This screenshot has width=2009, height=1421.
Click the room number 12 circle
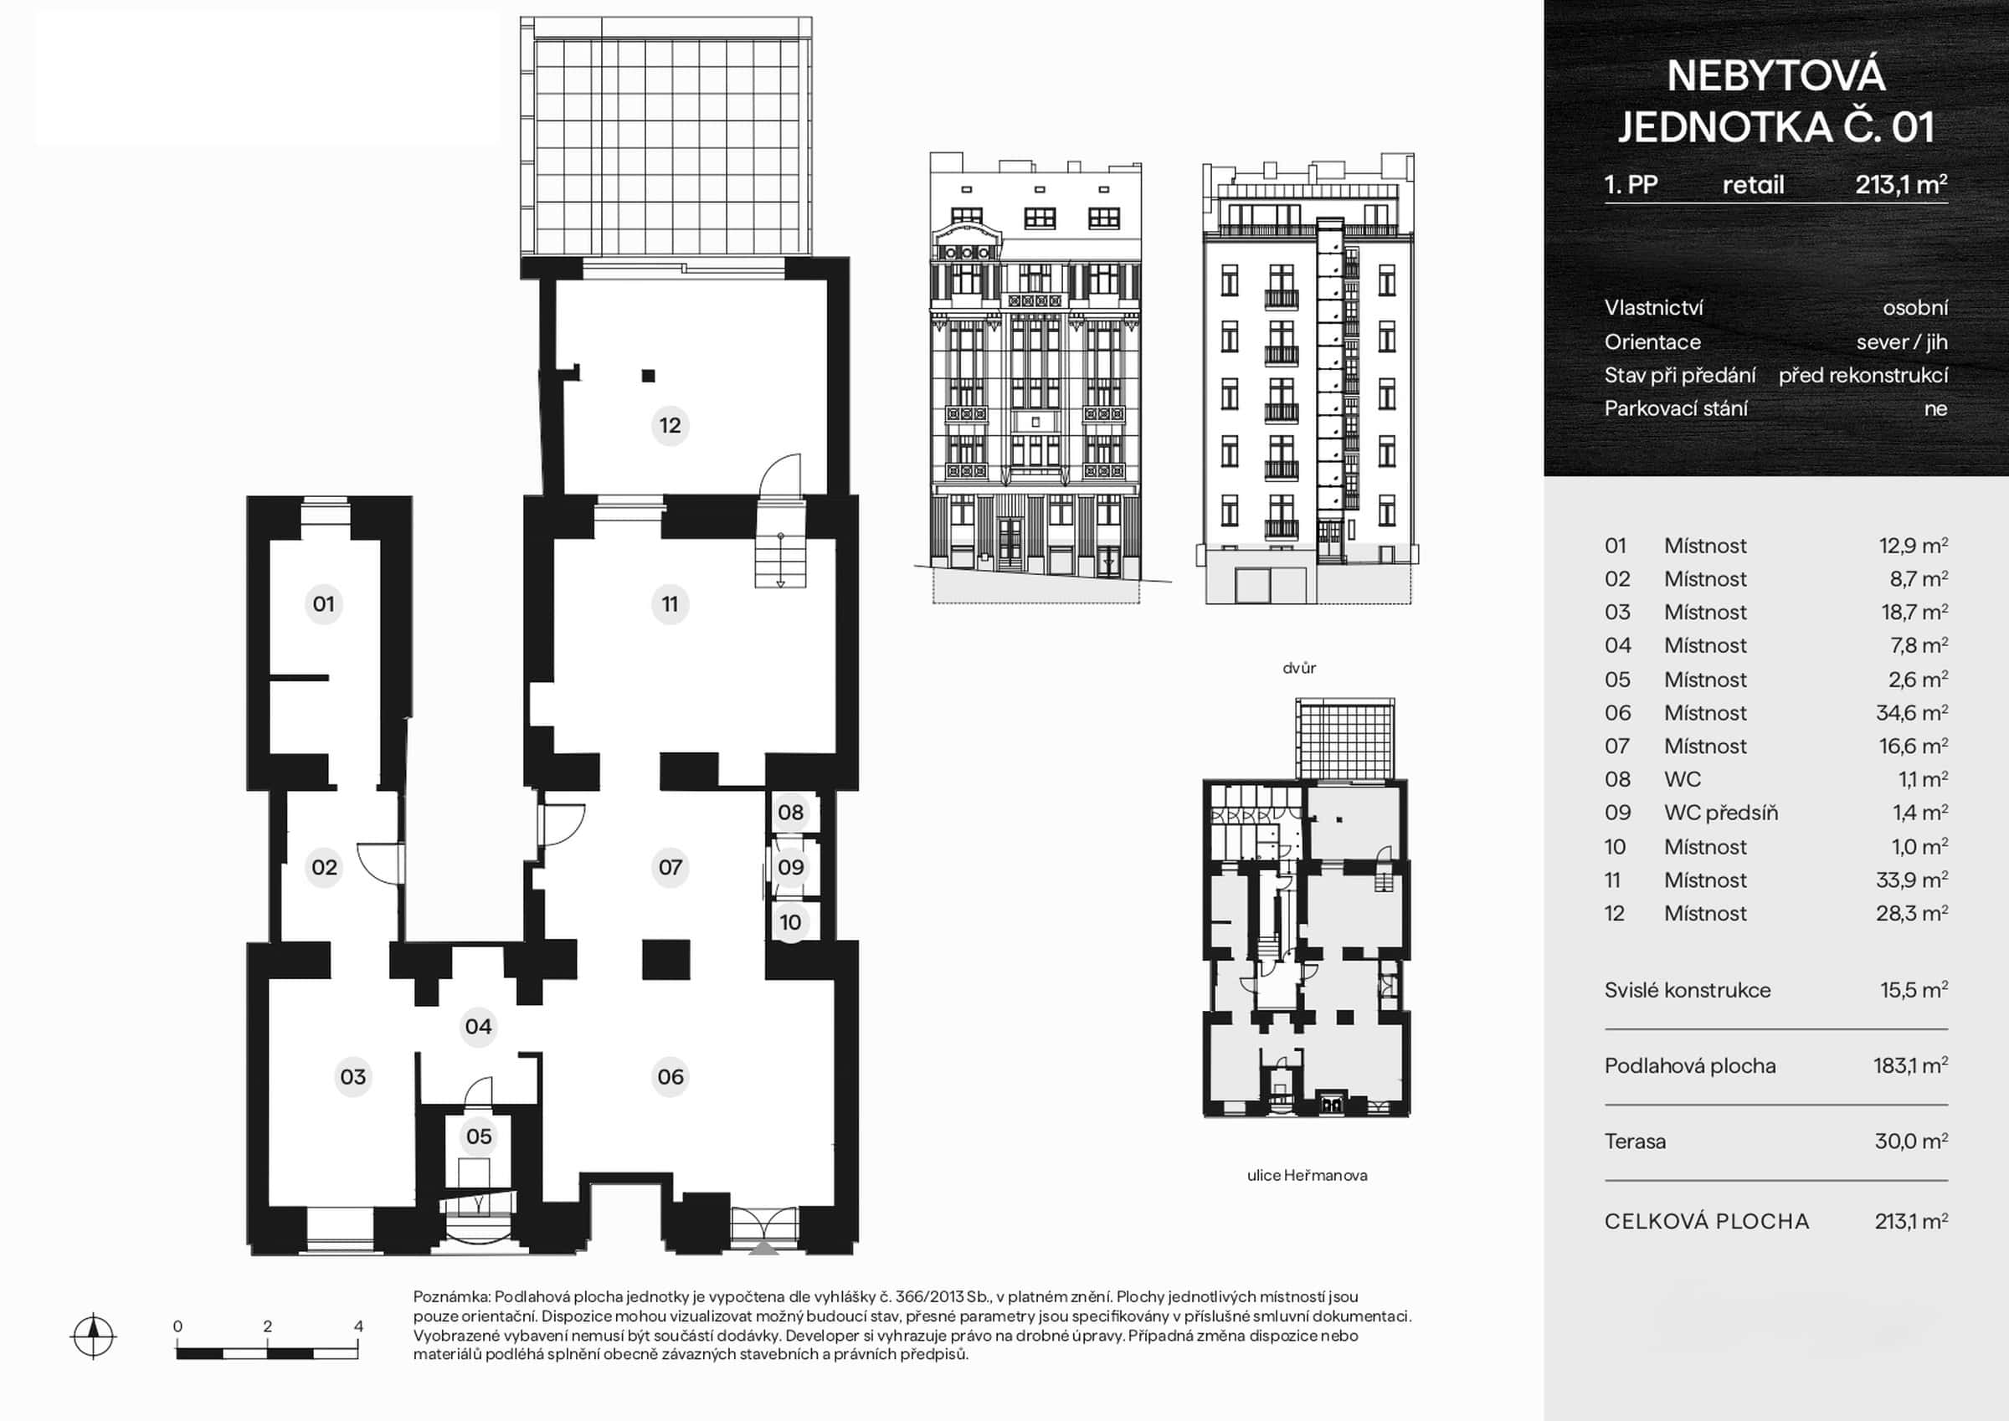coord(670,425)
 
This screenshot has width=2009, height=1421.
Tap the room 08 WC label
coord(790,812)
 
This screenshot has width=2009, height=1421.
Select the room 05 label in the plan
coord(479,1136)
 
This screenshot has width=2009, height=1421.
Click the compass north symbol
coord(93,1336)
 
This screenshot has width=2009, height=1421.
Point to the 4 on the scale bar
coord(358,1326)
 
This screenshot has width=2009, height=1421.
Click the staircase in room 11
coord(779,560)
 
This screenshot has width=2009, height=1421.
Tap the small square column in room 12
coord(649,377)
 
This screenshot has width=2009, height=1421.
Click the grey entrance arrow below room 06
coord(764,1249)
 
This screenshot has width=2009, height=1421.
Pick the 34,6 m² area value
coord(1911,712)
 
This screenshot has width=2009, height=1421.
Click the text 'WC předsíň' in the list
coord(1720,813)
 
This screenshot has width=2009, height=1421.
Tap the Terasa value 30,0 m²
coord(1911,1141)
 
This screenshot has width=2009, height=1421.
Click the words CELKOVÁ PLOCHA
coord(1706,1222)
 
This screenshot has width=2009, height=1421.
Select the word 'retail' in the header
coord(1753,185)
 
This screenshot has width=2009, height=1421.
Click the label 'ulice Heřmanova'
coord(1308,1175)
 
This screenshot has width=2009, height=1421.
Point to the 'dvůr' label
coord(1299,668)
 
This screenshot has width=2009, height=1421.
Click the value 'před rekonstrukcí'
coord(1863,376)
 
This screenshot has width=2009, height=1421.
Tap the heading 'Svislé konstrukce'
coord(1687,990)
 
